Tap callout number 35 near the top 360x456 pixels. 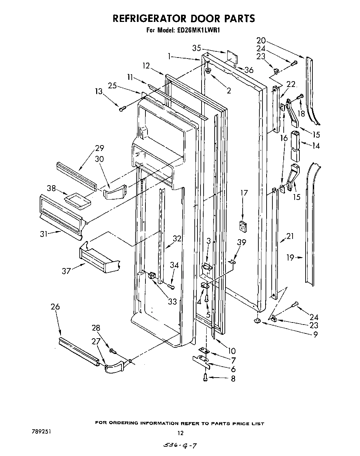(x=196, y=48)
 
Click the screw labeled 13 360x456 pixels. (x=122, y=109)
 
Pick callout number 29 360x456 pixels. (x=100, y=148)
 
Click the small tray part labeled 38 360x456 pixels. (x=76, y=200)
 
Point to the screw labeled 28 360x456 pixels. (x=113, y=351)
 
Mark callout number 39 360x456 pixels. (x=242, y=242)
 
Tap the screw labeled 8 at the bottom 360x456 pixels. (x=205, y=378)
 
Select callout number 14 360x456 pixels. (x=316, y=145)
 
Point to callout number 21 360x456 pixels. (x=290, y=236)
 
